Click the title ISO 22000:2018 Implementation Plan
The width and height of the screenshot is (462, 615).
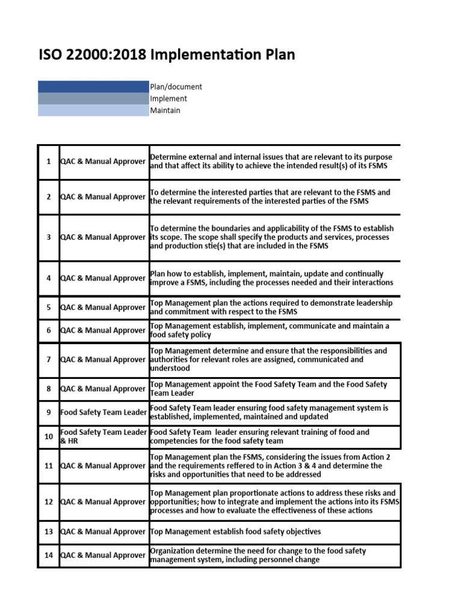[167, 55]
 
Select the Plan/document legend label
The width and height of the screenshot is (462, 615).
[176, 86]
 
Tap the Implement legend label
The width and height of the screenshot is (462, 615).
[168, 98]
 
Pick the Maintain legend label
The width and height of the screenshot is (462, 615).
[165, 111]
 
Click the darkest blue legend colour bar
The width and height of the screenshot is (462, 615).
[93, 86]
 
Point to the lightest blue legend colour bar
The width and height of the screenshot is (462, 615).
[93, 111]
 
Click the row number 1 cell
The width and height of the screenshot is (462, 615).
[48, 162]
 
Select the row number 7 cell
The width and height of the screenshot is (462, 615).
[48, 360]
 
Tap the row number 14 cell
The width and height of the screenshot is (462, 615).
[48, 556]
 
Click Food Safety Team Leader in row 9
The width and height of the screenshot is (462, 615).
[103, 413]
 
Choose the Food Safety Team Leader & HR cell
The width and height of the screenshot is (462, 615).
[103, 437]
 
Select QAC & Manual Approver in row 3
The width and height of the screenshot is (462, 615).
[103, 237]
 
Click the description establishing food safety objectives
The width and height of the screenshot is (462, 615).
[235, 532]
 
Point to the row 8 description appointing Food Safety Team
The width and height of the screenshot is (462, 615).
[268, 389]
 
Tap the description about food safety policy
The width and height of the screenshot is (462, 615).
[269, 330]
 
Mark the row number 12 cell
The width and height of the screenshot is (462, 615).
[48, 501]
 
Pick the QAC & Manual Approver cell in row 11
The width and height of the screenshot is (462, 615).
[103, 465]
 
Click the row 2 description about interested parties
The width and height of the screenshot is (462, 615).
[269, 197]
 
